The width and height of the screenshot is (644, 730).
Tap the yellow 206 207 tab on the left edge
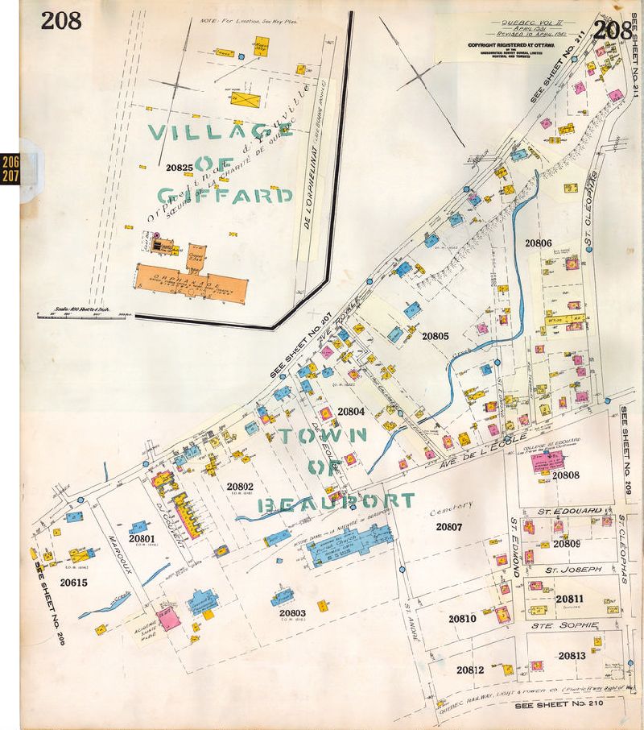click(10, 168)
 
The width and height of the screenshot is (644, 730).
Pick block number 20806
click(538, 242)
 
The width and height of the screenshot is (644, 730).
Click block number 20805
click(435, 335)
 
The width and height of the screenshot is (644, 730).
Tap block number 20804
click(351, 411)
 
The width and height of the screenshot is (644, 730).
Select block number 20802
click(240, 486)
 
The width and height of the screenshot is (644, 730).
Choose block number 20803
click(286, 612)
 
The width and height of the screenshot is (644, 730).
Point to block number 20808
click(566, 475)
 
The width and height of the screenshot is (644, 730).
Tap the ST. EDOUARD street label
click(567, 511)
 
